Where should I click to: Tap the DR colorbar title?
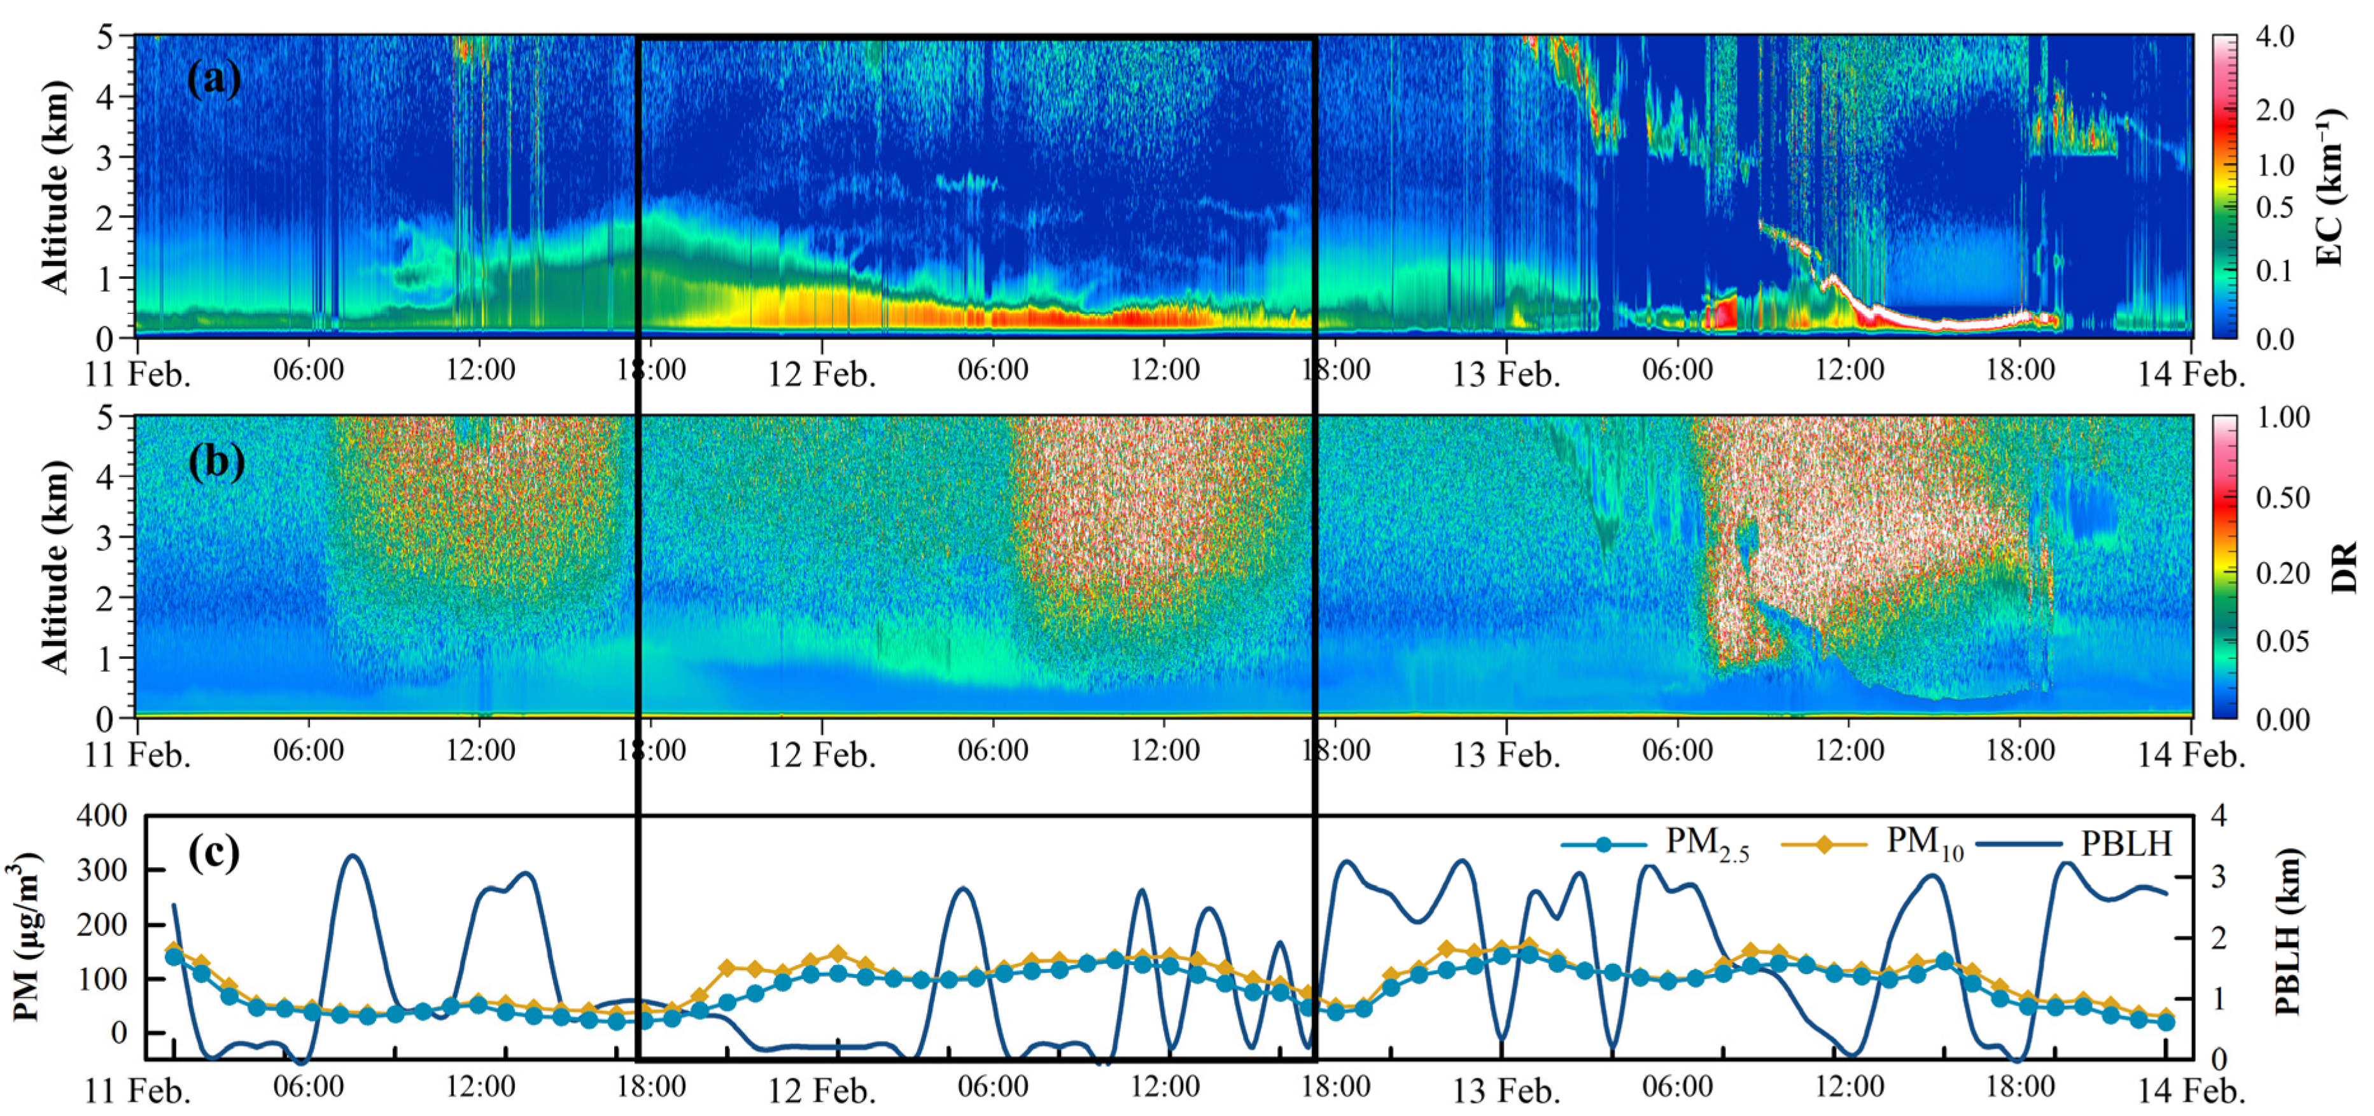2343,567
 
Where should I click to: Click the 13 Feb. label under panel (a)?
1506,375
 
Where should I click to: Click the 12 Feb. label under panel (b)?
821,755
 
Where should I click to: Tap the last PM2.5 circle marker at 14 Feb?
2167,1022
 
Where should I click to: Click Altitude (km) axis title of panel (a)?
55,187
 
